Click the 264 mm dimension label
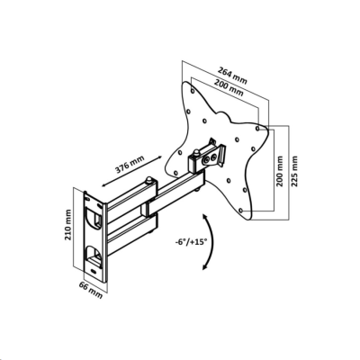click(233, 76)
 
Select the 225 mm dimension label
click(294, 171)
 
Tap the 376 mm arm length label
click(130, 165)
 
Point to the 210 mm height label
click(68, 224)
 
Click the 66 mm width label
click(91, 290)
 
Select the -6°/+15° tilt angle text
click(192, 241)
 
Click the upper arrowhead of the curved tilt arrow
click(205, 217)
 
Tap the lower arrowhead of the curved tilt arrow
click(205, 266)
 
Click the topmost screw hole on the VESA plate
click(192, 89)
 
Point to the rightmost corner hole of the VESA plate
click(257, 128)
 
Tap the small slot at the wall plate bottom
click(94, 272)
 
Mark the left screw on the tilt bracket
click(206, 161)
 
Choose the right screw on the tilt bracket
click(214, 157)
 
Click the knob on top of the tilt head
click(196, 153)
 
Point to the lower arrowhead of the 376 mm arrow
click(103, 185)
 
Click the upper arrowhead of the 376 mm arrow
click(159, 157)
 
